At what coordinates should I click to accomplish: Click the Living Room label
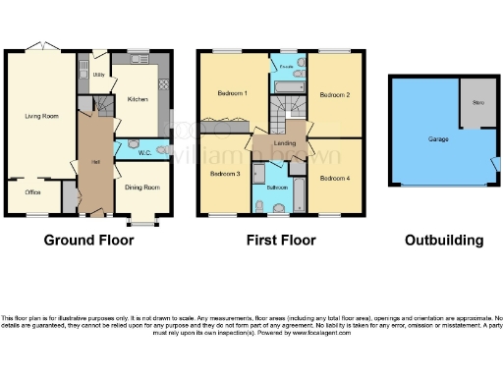(x=41, y=116)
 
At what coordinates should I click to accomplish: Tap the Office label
(x=32, y=192)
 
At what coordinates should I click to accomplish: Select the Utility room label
(x=98, y=75)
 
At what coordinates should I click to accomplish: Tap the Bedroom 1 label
(x=231, y=92)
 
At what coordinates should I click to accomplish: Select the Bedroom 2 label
(x=335, y=94)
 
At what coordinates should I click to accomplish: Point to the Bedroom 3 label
(x=224, y=174)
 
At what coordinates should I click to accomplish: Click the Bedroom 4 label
(x=334, y=179)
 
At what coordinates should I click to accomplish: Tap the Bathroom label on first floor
(x=276, y=186)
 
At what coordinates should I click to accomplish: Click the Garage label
(x=438, y=139)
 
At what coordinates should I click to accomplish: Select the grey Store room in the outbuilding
(x=478, y=102)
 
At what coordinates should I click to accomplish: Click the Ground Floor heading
(x=88, y=241)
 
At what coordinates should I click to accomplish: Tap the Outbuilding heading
(x=444, y=241)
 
